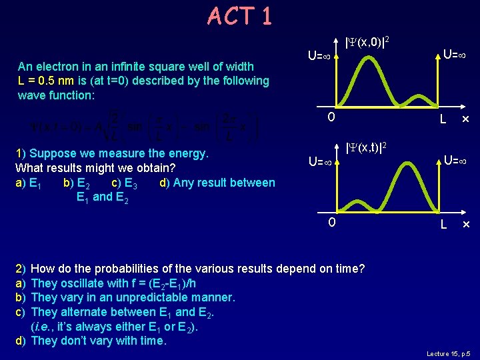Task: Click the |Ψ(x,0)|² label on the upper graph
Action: pos(367,43)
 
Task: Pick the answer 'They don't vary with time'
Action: pos(99,341)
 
